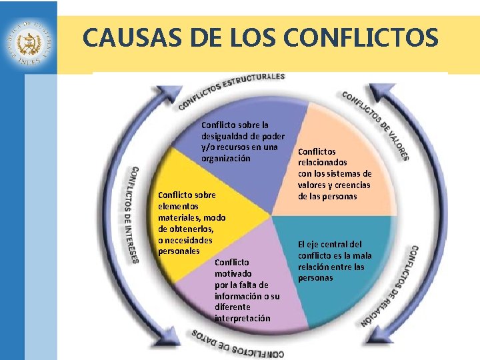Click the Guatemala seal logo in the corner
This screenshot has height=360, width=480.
coord(29,42)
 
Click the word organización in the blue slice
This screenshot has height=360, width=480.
coord(226,159)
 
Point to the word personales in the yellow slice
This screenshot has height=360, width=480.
coord(179,251)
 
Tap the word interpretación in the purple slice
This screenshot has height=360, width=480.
coord(243,318)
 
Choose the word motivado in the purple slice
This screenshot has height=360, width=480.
coord(233,273)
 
